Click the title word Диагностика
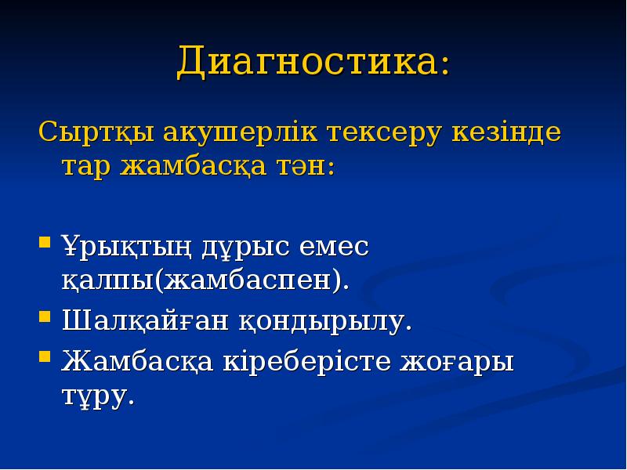tap(307, 62)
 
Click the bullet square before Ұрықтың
tap(45, 240)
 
